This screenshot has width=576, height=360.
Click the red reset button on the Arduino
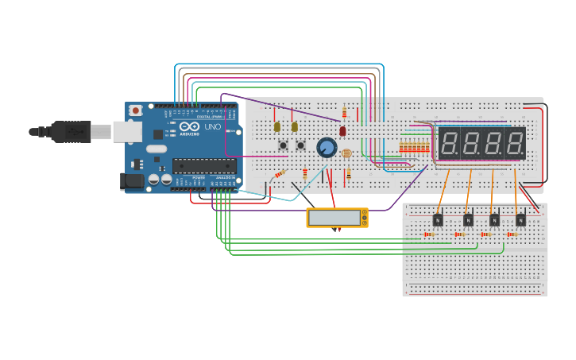[136, 110]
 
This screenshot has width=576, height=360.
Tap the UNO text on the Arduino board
[213, 127]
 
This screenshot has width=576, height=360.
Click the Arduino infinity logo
[189, 127]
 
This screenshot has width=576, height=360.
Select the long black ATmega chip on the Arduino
[204, 166]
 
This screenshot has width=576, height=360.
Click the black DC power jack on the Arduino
[132, 182]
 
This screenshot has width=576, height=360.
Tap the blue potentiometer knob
[327, 147]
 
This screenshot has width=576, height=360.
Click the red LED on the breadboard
[342, 131]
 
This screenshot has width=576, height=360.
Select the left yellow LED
[277, 126]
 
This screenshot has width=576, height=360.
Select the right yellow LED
[295, 126]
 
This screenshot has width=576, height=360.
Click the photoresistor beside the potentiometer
[346, 153]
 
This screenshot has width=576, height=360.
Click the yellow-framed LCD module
[337, 218]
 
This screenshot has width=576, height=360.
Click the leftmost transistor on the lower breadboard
[437, 219]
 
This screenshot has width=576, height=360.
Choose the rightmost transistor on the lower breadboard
[520, 219]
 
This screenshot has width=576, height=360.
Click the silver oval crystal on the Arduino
[157, 149]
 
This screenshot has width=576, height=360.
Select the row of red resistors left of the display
[413, 147]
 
